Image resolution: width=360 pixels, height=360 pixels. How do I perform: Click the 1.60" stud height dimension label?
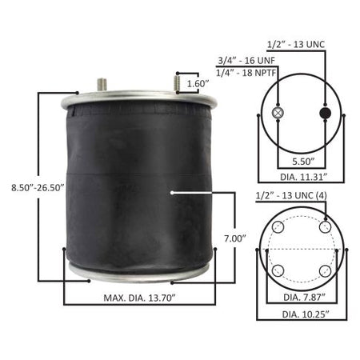(x=198, y=83)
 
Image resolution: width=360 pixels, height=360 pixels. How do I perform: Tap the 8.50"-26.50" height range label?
(x=38, y=187)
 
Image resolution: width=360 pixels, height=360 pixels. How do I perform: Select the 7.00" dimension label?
(x=234, y=238)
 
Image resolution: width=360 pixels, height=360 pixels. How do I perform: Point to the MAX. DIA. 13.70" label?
(x=139, y=298)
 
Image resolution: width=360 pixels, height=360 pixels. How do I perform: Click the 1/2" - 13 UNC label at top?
(x=296, y=44)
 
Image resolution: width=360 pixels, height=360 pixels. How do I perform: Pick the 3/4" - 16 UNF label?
(x=246, y=61)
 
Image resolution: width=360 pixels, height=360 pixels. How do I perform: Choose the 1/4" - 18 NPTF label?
(x=246, y=73)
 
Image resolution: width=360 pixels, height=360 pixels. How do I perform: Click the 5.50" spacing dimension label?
(x=303, y=162)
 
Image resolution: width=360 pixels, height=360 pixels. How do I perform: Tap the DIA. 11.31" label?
(x=304, y=177)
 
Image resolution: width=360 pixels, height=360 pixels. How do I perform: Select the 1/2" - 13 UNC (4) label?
(x=291, y=196)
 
